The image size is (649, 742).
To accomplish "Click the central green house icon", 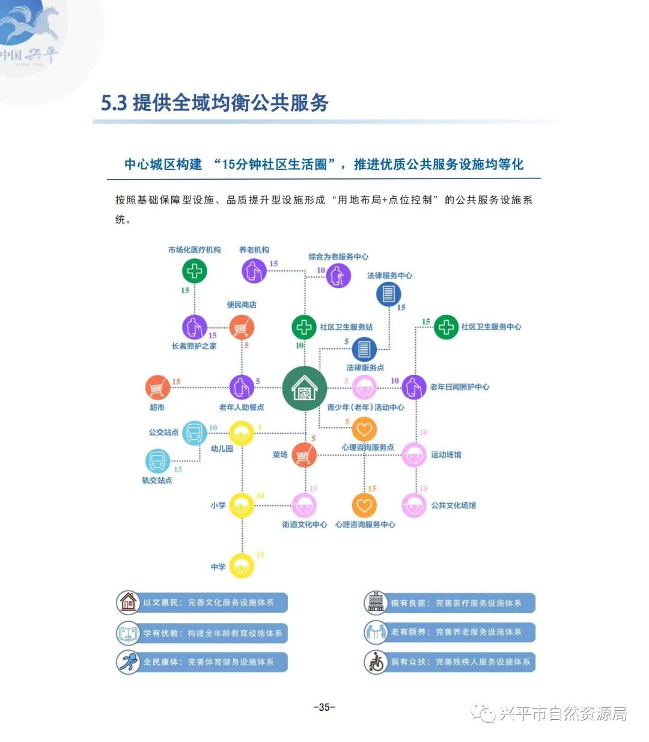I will coord(305,388).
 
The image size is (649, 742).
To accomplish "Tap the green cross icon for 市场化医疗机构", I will coord(194,271).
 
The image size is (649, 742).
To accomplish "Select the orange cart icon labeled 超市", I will coord(157,388).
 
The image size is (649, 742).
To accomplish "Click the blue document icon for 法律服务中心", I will coord(388,294).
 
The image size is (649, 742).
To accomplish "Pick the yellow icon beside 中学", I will coord(242,566).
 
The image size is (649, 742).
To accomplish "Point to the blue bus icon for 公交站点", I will coord(194,433).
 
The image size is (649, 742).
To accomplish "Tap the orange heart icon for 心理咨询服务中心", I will coord(364,506).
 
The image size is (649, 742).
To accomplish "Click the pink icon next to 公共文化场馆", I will coord(413,506).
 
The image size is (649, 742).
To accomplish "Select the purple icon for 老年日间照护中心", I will coord(413,388).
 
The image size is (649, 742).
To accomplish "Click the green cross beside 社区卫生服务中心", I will coord(446,327).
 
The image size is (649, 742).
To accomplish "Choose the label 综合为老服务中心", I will coord(338,257).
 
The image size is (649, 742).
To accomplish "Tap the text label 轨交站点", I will coord(157,480).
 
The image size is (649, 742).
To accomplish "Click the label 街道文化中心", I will coord(305,525).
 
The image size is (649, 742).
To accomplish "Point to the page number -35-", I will coord(324,707).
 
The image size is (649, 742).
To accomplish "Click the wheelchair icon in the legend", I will coord(375,662).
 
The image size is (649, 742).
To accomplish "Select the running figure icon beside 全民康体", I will coord(127,662).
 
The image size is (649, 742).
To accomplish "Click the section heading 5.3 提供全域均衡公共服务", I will coord(215,103).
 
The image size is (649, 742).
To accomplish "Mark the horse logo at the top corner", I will coord(30,27).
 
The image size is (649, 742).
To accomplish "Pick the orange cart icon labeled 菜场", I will coord(304,455).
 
